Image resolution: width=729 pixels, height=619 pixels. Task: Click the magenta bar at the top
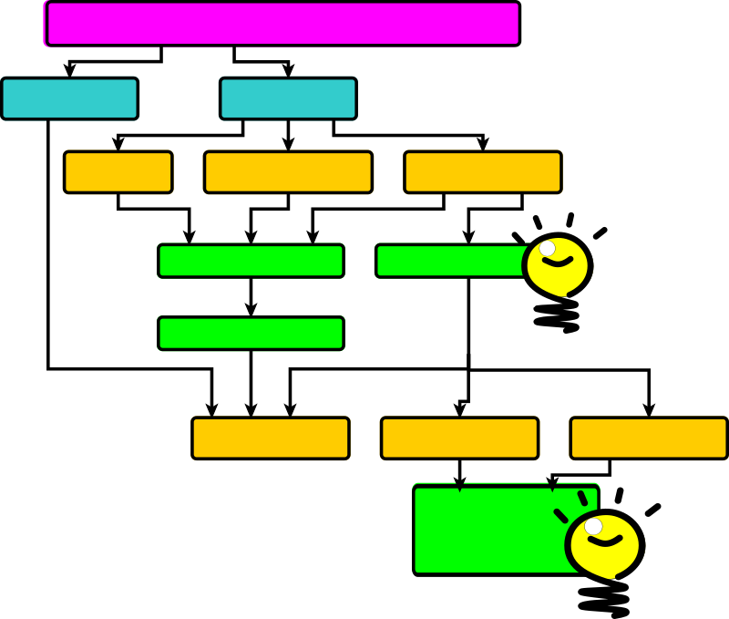click(282, 24)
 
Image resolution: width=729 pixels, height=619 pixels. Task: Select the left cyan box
click(69, 98)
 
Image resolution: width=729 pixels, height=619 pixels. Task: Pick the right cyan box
click(288, 98)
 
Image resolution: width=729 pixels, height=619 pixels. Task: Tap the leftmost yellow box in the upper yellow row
click(118, 172)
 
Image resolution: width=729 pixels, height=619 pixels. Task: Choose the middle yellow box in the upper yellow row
click(288, 172)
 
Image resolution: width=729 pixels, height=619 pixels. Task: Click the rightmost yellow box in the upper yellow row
click(482, 172)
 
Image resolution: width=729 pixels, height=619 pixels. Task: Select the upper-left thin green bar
click(251, 261)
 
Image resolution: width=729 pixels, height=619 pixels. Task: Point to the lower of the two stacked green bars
click(251, 334)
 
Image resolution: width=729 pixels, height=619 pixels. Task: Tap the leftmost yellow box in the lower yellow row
click(271, 438)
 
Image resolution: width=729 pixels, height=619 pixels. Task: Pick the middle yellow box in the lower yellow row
click(459, 438)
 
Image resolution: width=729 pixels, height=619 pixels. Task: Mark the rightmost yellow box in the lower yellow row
click(648, 438)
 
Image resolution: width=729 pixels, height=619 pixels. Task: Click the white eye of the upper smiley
click(548, 248)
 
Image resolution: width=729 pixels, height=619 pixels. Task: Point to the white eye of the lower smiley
click(593, 526)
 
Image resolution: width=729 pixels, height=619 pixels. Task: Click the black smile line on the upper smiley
click(558, 263)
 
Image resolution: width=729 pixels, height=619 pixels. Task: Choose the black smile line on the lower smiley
click(604, 542)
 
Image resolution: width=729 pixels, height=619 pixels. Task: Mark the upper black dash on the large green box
click(582, 498)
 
